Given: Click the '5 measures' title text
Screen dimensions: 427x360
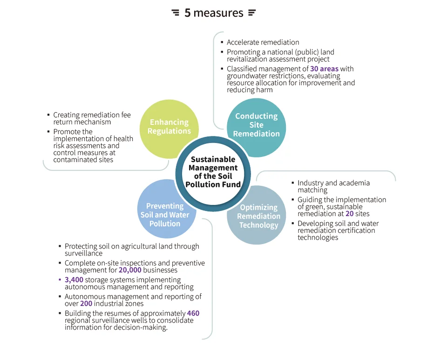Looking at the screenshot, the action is tap(214, 13).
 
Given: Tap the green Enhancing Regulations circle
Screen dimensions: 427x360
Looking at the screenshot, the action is tap(169, 129).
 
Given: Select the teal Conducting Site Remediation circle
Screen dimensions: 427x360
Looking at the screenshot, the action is tap(256, 128).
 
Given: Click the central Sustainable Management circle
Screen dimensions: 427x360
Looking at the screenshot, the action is tap(213, 174).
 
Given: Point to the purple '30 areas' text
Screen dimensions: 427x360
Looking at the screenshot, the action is tap(324, 68).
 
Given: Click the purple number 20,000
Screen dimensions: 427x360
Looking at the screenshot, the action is tap(130, 270).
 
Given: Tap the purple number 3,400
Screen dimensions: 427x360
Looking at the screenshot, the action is tap(74, 280).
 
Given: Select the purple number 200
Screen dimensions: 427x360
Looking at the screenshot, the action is tap(86, 303).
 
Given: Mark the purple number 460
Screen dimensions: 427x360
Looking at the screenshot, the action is tap(193, 313).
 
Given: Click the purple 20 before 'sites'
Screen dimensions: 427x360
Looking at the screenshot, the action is tap(349, 213).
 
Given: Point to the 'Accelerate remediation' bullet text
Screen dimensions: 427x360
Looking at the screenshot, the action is tap(263, 42).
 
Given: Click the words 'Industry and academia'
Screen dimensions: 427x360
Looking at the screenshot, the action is tap(333, 183).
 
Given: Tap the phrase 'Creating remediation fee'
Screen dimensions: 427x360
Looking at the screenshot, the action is tap(92, 115).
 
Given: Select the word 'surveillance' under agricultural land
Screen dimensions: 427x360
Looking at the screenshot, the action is tap(84, 253).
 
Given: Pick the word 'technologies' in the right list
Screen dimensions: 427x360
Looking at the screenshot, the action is tap(318, 238).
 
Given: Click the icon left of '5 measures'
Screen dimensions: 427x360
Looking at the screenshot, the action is tap(176, 13).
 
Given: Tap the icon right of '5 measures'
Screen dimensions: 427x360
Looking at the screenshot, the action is tap(252, 13).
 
